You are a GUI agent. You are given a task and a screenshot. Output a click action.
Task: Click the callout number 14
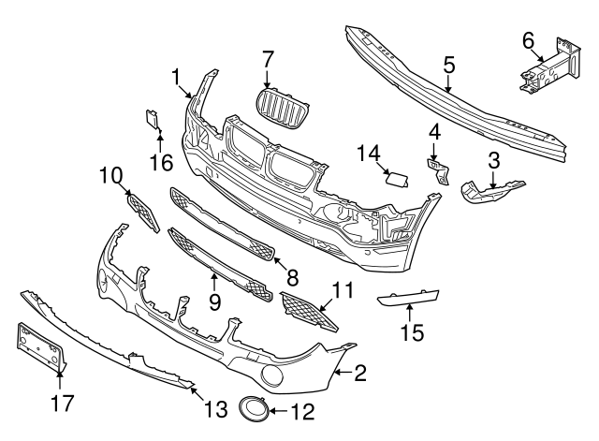(368, 153)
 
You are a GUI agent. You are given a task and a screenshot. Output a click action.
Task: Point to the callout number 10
(111, 174)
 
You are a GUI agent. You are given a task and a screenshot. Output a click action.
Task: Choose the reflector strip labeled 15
(412, 301)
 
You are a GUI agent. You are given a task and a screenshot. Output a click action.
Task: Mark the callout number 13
(215, 408)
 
